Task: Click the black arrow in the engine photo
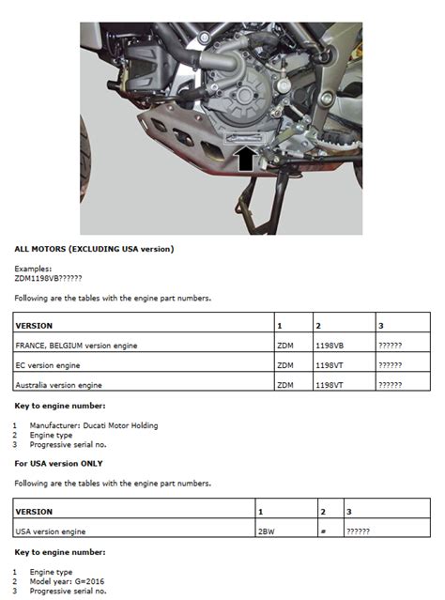[246, 159]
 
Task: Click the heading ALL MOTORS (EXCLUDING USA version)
[94, 249]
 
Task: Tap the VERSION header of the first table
[35, 325]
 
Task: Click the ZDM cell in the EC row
[284, 365]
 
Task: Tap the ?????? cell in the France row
[391, 346]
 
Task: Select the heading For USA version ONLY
[71, 464]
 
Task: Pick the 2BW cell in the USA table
[266, 531]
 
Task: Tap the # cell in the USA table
[322, 531]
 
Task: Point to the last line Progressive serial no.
[71, 592]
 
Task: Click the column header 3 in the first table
[380, 325]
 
